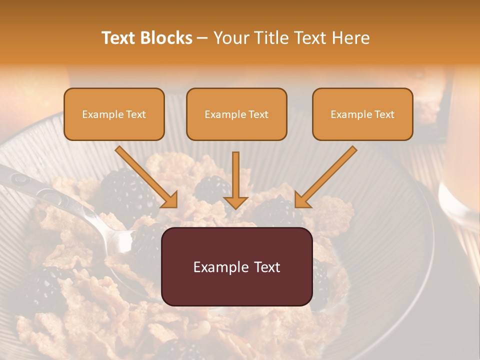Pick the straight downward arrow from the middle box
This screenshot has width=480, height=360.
pos(235,180)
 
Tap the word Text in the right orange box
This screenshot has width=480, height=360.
pos(384,114)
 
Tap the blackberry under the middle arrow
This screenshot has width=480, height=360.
pos(212,188)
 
